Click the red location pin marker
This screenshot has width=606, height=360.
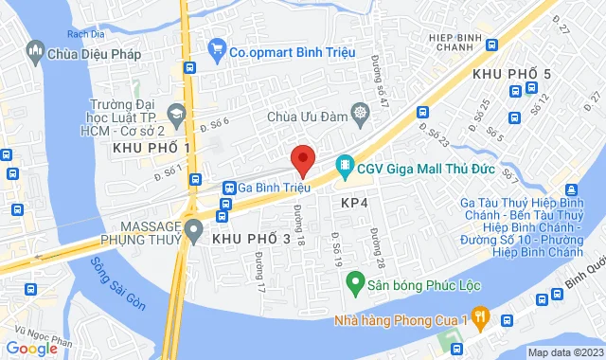[x=302, y=160]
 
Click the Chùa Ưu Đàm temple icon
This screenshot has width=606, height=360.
[x=361, y=116]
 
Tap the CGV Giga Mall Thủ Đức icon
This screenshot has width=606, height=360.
[x=343, y=165]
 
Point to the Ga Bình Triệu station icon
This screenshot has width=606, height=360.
[x=229, y=188]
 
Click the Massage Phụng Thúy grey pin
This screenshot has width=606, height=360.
[x=194, y=229]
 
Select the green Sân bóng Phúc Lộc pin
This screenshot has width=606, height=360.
[x=354, y=281]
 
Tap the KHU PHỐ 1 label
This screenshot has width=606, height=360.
[x=151, y=149]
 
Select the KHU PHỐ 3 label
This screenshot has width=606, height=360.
[x=252, y=241]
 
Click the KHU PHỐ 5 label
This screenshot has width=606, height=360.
[x=510, y=73]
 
